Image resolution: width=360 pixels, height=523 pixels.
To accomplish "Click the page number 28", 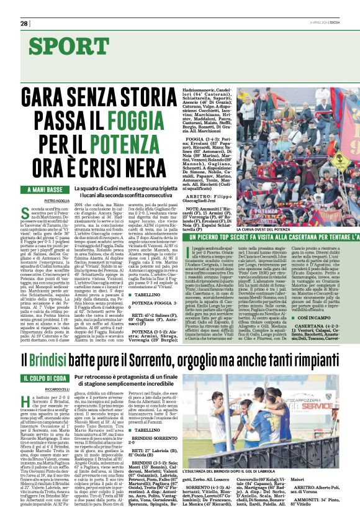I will [x=24, y=23].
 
